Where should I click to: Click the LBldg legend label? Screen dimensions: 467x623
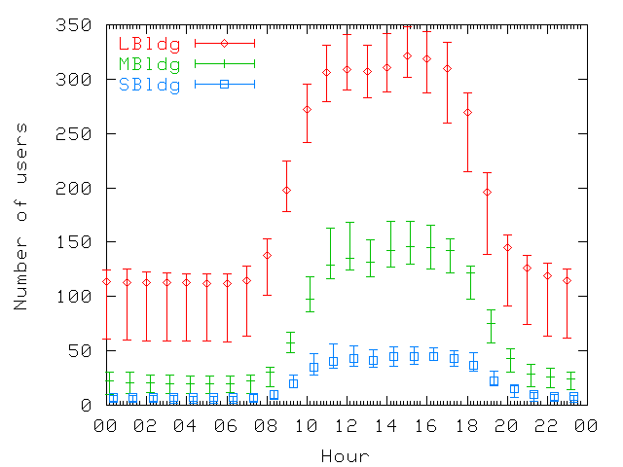(x=149, y=43)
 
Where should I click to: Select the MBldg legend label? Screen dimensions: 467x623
(x=149, y=64)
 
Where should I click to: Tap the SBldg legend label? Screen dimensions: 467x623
(x=149, y=85)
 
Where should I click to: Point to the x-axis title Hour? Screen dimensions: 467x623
(x=345, y=455)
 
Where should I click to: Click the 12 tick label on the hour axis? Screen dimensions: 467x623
(x=346, y=426)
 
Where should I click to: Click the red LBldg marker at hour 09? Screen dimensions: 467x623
(x=286, y=190)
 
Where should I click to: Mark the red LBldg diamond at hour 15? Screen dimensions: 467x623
(x=407, y=55)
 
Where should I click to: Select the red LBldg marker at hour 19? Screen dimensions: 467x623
(x=487, y=192)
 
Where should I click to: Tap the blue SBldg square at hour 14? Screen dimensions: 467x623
(x=393, y=356)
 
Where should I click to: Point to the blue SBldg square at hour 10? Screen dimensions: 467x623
(x=313, y=367)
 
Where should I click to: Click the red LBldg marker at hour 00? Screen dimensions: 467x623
(x=106, y=282)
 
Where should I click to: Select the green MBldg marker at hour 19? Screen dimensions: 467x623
(x=491, y=325)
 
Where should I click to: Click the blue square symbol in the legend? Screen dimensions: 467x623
(x=224, y=85)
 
